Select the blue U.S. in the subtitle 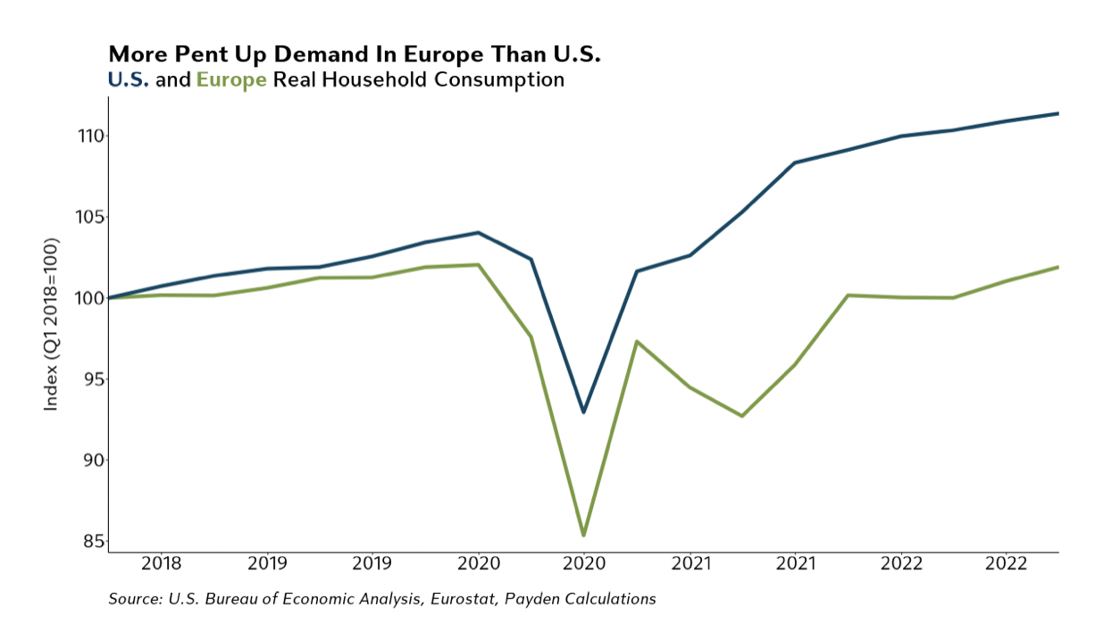[128, 80]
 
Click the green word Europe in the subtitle [231, 80]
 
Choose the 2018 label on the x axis [161, 564]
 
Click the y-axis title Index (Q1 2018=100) [52, 323]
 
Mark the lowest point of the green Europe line [583, 535]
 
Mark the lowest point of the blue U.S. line [583, 412]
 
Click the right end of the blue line [1057, 113]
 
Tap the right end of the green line [1057, 267]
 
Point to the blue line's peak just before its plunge [478, 233]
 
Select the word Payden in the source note [529, 599]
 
